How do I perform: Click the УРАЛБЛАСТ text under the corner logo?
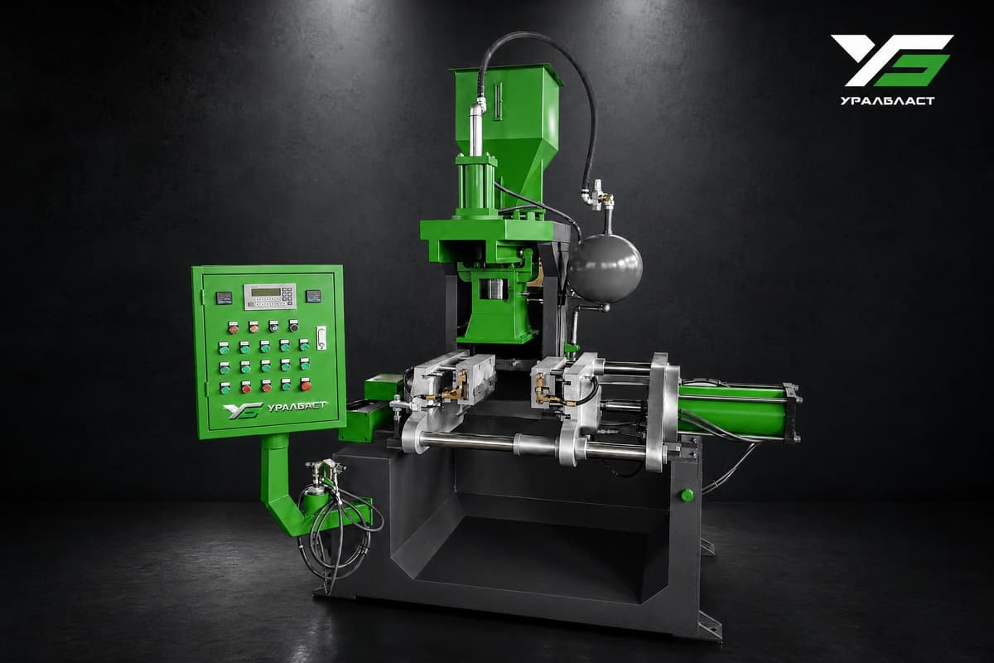[887, 101]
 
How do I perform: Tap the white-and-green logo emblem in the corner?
[891, 60]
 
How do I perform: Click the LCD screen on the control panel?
[266, 293]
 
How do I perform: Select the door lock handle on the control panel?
[321, 338]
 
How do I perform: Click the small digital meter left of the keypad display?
[224, 298]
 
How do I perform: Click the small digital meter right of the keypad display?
[314, 296]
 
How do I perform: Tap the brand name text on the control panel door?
[297, 406]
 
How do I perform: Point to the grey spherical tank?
[605, 269]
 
